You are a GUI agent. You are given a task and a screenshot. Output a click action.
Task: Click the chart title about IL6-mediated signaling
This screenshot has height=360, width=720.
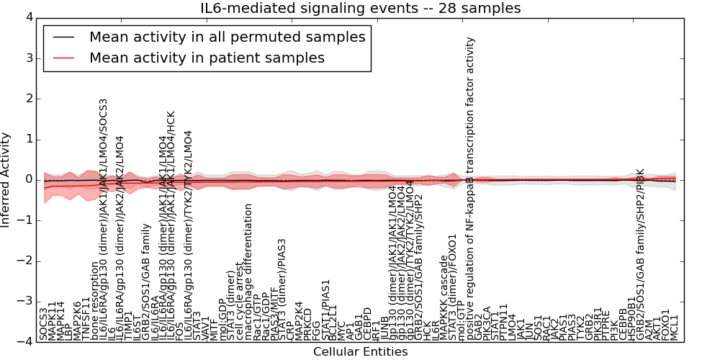pyautogui.click(x=360, y=9)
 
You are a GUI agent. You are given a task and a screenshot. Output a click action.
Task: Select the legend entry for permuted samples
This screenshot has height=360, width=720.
pyautogui.click(x=227, y=37)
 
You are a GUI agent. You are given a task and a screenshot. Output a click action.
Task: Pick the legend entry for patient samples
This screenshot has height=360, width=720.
pyautogui.click(x=207, y=58)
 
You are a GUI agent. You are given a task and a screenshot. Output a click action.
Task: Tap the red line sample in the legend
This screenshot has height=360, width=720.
pyautogui.click(x=63, y=58)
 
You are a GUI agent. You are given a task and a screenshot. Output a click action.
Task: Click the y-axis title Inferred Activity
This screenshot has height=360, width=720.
pyautogui.click(x=6, y=180)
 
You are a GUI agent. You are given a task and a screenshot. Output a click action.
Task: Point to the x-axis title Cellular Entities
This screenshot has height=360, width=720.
pyautogui.click(x=360, y=352)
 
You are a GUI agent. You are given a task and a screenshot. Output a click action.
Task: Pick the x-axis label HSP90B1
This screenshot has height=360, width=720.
pyautogui.click(x=631, y=318)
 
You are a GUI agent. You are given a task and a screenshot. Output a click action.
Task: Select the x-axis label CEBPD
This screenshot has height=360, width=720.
pyautogui.click(x=367, y=323)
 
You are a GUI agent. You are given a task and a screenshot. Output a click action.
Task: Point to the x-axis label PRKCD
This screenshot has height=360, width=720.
pyautogui.click(x=308, y=323)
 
